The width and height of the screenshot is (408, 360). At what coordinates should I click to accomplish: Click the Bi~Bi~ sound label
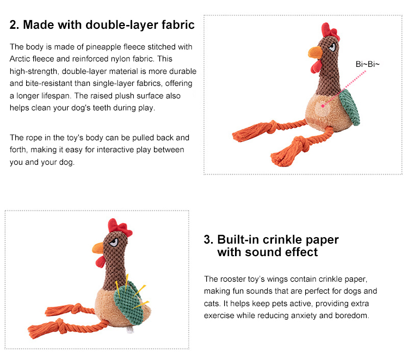tap(367, 64)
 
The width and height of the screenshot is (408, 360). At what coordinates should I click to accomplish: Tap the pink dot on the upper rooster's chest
tap(323, 106)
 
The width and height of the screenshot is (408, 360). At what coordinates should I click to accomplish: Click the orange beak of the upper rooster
tap(316, 52)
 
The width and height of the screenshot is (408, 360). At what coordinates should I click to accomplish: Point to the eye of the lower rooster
tap(114, 243)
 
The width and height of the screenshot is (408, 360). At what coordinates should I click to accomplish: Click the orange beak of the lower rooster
tap(98, 248)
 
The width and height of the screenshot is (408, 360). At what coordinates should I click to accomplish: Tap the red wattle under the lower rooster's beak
tap(101, 262)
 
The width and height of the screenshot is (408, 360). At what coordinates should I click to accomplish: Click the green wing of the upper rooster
tap(350, 107)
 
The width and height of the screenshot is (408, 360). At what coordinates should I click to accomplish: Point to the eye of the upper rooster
tap(332, 47)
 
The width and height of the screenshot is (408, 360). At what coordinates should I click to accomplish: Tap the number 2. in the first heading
tap(14, 25)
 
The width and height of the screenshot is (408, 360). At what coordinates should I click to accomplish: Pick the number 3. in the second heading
tap(209, 240)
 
